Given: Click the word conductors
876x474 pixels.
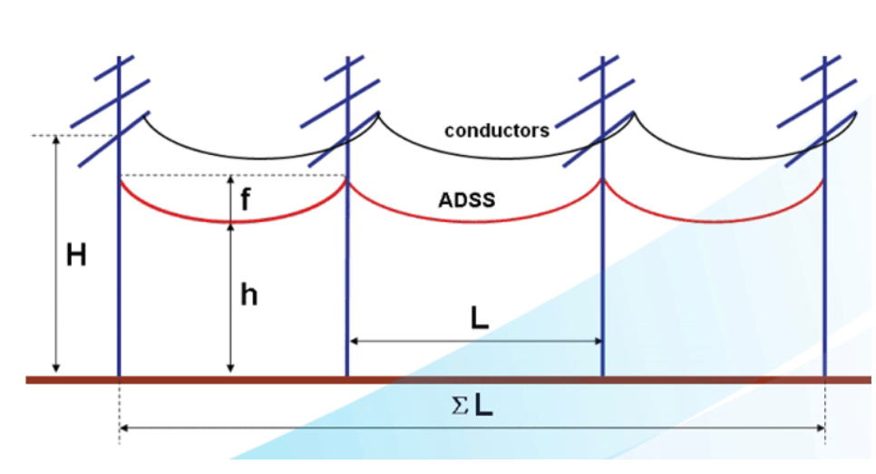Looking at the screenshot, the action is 497,131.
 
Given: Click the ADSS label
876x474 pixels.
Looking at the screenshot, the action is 466,200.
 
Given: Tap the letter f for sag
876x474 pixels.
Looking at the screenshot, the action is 245,198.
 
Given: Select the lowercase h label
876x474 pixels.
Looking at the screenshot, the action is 248,295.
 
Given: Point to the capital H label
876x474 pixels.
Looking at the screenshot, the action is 76,256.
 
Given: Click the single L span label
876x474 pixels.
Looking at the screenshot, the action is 480,318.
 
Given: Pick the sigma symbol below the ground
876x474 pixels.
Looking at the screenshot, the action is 460,406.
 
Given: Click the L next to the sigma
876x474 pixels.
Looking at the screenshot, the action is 484,405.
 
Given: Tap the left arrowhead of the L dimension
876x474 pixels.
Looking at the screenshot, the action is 354,341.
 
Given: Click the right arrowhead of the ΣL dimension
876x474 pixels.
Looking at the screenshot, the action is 821,428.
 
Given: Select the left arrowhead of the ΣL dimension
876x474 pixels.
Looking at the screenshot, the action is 124,428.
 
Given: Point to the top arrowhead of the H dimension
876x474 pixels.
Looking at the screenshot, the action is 56,140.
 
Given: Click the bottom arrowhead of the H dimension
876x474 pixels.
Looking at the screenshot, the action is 56,368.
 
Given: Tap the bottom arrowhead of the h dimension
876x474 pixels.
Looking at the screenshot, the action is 230,368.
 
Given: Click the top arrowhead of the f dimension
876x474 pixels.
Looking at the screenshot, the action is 230,179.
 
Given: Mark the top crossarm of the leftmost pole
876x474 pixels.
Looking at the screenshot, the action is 114,68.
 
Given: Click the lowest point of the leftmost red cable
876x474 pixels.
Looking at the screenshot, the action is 232,222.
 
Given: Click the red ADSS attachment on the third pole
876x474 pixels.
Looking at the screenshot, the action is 602,179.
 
